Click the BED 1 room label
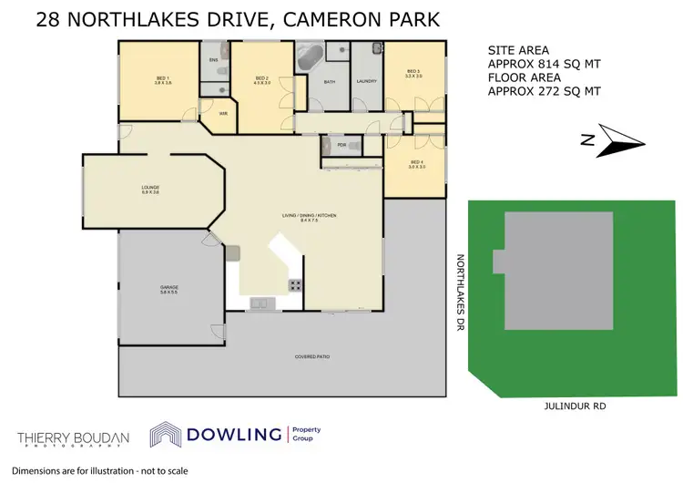click(163, 79)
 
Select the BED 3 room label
click(413, 72)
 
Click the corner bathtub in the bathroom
click(306, 59)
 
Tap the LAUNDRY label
click(367, 81)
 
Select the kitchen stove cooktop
click(296, 284)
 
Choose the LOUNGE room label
click(150, 189)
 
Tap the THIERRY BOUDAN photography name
click(73, 436)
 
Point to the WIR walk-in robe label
click(223, 113)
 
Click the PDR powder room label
click(341, 144)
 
